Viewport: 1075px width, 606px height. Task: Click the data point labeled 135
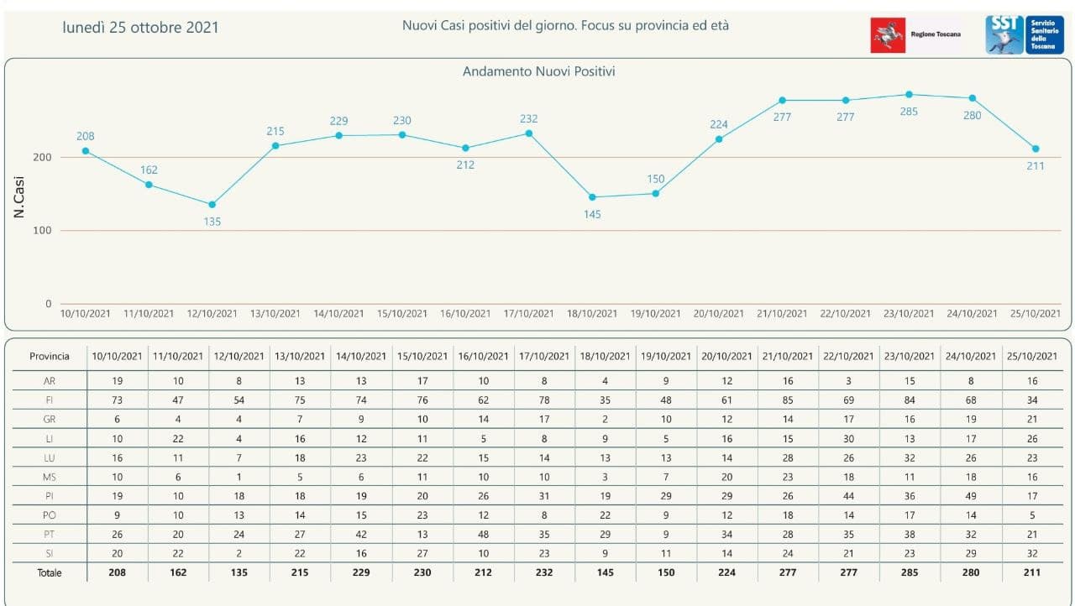[212, 205]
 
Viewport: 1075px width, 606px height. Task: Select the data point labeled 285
[909, 95]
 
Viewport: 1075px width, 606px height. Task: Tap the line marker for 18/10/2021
[592, 197]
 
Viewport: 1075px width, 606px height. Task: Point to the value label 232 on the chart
[528, 119]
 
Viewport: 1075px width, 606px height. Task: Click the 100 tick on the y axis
[42, 231]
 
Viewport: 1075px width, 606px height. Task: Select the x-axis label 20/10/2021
[718, 314]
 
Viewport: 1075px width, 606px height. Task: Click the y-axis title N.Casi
[19, 197]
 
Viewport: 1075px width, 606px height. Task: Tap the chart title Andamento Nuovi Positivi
[538, 72]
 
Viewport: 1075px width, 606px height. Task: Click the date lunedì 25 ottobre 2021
[140, 28]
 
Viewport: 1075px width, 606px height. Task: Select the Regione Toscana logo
[916, 34]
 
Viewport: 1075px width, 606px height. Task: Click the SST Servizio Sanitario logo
[1024, 34]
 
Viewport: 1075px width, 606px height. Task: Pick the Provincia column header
[50, 356]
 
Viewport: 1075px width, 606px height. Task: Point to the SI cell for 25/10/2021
[1032, 554]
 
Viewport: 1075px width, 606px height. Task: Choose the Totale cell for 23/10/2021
[909, 572]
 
